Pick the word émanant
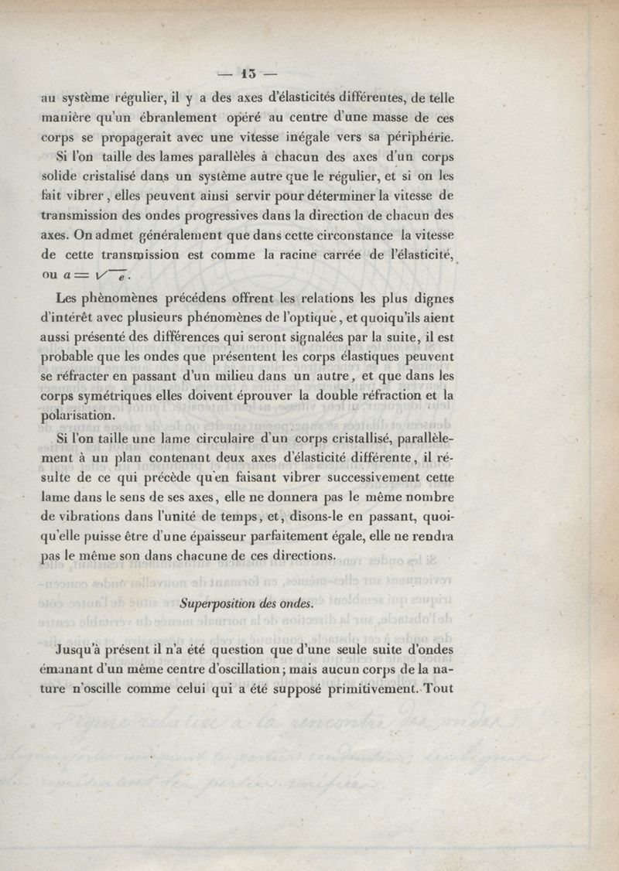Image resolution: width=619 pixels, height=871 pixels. coord(68,668)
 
